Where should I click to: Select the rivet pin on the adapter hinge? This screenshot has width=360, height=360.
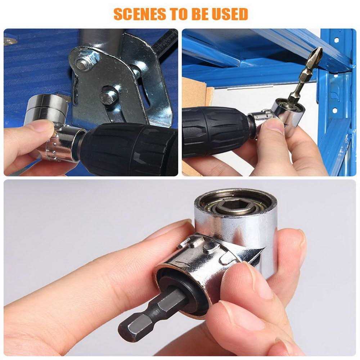(x=211, y=246)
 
